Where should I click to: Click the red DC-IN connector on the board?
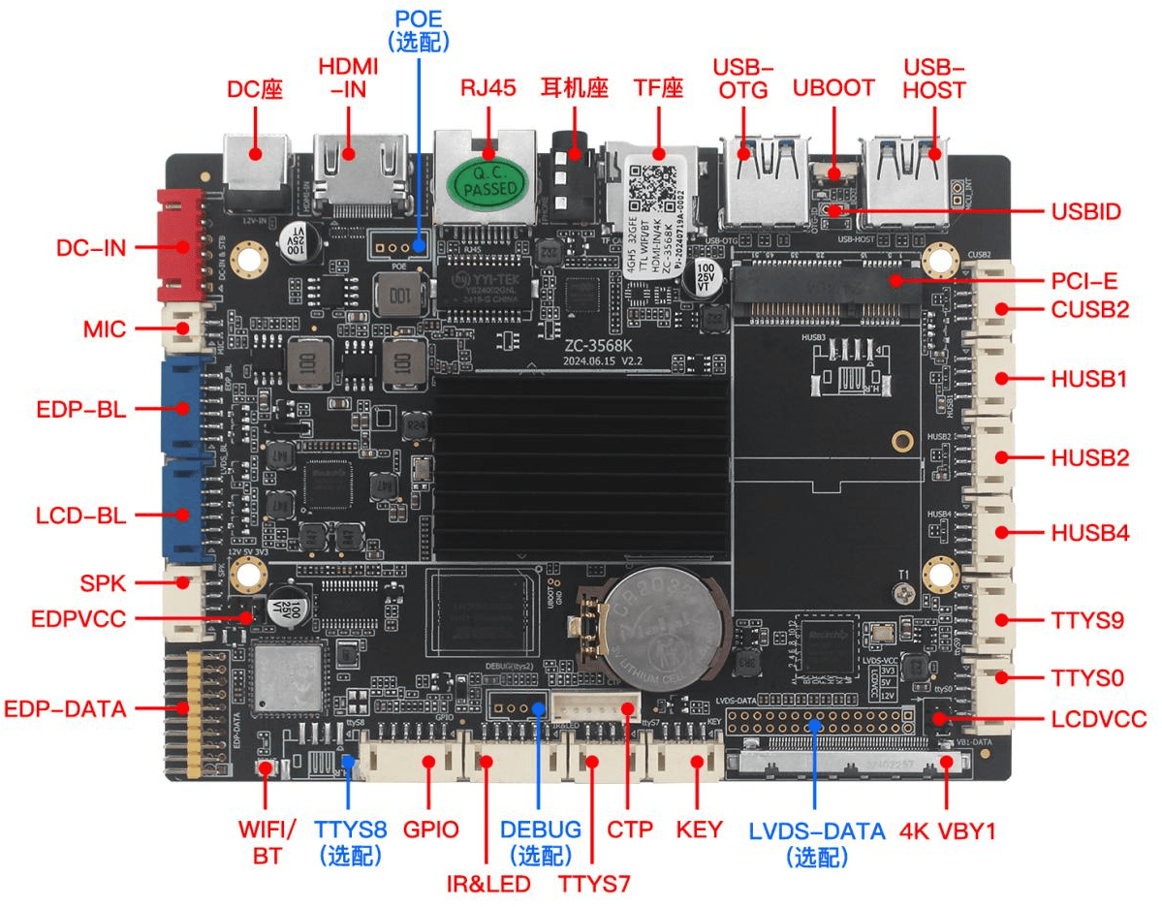coord(180,245)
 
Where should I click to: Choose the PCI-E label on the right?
coord(1084,281)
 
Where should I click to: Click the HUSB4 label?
coord(1089,533)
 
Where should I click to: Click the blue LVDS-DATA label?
coord(817,842)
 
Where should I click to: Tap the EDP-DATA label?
coord(65,708)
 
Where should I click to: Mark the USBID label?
coord(1085,211)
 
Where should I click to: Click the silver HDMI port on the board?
coord(360,176)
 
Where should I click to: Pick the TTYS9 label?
coord(1087,620)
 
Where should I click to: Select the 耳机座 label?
coord(574,88)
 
